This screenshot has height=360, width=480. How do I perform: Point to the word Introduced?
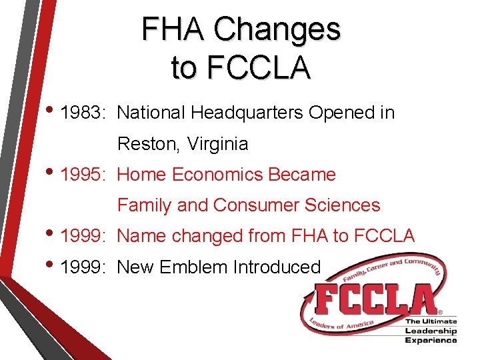pos(277,267)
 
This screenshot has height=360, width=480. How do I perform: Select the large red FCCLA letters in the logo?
pos(373,299)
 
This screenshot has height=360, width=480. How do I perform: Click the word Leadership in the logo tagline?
pos(431,331)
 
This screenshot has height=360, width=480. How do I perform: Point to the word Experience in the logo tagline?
pos(431,340)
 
